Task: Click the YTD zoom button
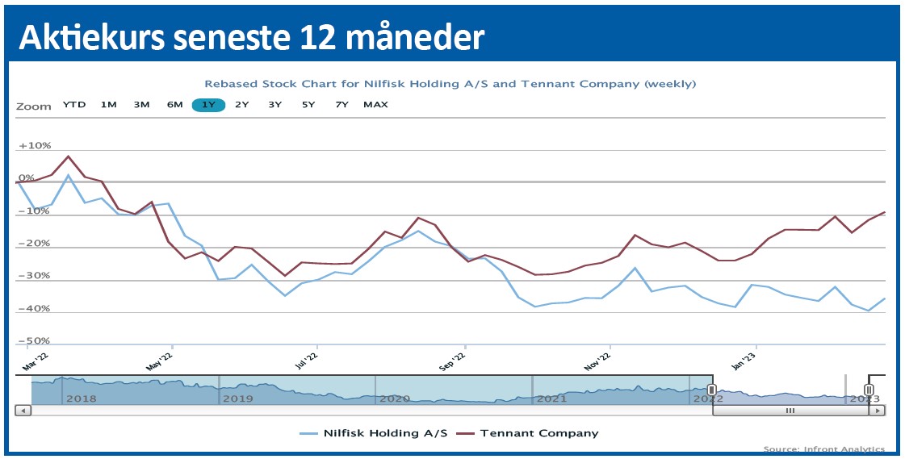pyautogui.click(x=74, y=105)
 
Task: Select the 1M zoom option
pyautogui.click(x=108, y=105)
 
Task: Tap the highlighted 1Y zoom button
pyautogui.click(x=208, y=105)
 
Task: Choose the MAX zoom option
pyautogui.click(x=375, y=105)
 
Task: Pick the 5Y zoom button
pyautogui.click(x=308, y=105)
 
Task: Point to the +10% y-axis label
pyautogui.click(x=35, y=146)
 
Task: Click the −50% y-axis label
pyautogui.click(x=35, y=341)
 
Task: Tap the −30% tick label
pyautogui.click(x=35, y=276)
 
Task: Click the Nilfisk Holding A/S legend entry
pyautogui.click(x=383, y=433)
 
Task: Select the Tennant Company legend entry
pyautogui.click(x=538, y=433)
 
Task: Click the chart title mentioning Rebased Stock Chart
pyautogui.click(x=450, y=84)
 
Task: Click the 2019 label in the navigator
pyautogui.click(x=237, y=398)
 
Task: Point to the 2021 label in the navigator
pyautogui.click(x=551, y=398)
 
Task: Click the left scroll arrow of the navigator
pyautogui.click(x=23, y=411)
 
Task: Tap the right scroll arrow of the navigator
pyautogui.click(x=876, y=411)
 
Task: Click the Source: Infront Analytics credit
pyautogui.click(x=823, y=449)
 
